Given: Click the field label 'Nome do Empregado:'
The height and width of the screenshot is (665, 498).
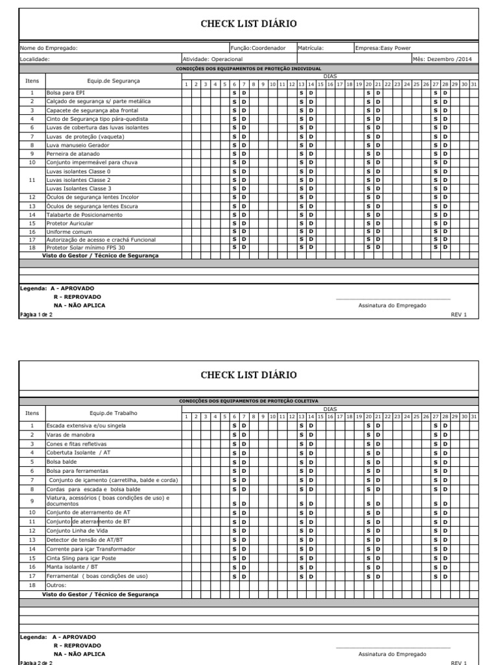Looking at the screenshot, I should (49, 48).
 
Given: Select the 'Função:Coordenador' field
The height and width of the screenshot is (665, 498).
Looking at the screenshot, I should (258, 48).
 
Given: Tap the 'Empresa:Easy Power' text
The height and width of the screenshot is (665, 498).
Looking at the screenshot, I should (379, 48).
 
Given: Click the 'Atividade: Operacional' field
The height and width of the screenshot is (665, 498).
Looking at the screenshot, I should (213, 59).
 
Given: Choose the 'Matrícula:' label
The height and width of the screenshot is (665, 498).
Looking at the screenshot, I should (311, 48).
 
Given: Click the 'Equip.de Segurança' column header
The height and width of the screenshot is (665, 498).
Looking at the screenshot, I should (113, 81).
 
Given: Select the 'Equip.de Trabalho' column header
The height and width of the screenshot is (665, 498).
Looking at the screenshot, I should (113, 412).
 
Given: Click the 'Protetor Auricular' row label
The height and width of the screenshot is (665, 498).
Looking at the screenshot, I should (69, 223).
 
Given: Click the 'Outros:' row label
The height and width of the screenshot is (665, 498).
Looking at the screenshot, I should (56, 585).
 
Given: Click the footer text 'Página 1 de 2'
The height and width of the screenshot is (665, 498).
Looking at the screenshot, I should (36, 314).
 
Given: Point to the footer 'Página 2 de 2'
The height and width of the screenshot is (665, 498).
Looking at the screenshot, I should (36, 662).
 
